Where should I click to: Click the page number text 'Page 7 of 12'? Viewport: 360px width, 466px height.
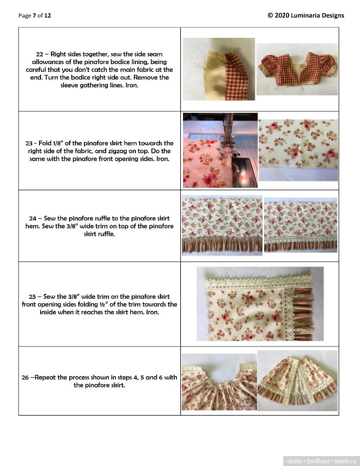click(35, 15)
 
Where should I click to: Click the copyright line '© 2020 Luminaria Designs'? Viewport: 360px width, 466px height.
click(306, 15)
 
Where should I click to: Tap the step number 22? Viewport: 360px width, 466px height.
click(39, 54)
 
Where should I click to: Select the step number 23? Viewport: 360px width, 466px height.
click(29, 143)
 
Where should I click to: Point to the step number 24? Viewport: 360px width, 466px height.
click(33, 218)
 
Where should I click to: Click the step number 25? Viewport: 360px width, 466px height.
click(32, 297)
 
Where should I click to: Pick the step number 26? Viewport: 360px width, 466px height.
click(25, 377)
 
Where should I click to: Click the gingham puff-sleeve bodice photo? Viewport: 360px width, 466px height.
click(297, 70)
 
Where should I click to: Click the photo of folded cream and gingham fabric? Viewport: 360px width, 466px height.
click(219, 69)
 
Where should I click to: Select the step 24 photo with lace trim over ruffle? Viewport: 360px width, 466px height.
click(301, 225)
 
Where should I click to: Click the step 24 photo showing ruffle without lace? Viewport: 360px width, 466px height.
click(222, 225)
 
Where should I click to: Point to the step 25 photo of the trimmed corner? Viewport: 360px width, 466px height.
click(260, 304)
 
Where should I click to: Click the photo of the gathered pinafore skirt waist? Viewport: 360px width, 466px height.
click(219, 382)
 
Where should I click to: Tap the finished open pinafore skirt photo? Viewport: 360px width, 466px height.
click(298, 380)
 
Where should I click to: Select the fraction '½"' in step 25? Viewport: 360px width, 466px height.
click(103, 304)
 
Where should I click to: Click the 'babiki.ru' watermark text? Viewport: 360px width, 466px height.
click(345, 461)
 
